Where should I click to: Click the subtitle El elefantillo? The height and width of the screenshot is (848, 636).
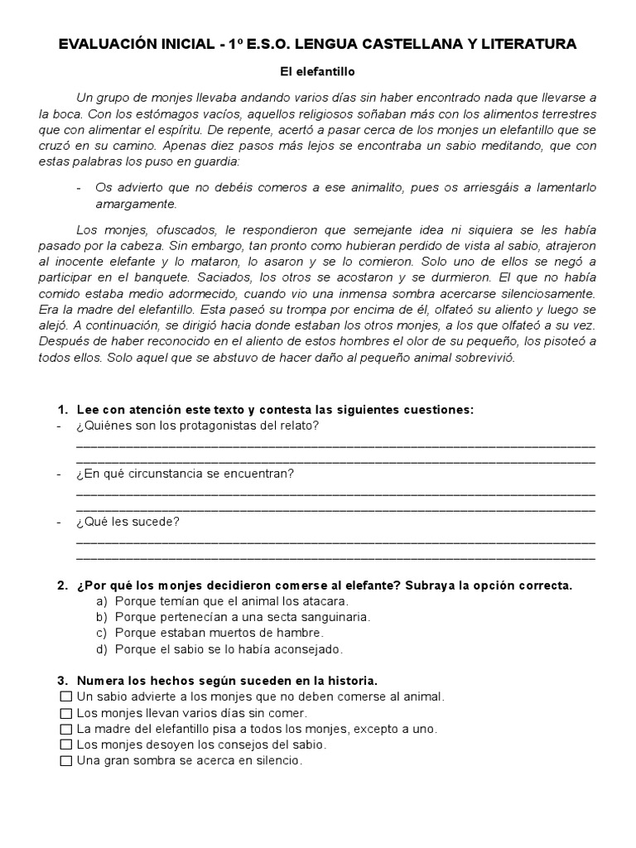(317, 73)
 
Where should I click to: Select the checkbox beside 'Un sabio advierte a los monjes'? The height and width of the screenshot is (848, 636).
(66, 697)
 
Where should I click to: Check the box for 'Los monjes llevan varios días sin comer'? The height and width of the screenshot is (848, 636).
(66, 713)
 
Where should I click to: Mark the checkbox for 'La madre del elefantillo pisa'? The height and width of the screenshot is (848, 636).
(66, 730)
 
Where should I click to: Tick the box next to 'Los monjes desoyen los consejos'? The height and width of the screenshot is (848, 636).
(66, 745)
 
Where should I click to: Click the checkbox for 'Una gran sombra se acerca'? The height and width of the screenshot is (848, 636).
(66, 761)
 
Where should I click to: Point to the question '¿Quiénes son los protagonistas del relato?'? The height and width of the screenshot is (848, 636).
(197, 426)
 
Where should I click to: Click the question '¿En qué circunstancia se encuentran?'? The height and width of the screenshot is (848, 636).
(185, 474)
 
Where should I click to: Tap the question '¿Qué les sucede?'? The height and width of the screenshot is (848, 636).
(128, 522)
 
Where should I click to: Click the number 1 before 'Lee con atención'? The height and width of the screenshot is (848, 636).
(61, 410)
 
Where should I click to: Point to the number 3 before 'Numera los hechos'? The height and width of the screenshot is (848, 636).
(61, 681)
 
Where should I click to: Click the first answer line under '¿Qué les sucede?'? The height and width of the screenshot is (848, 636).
(335, 541)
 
